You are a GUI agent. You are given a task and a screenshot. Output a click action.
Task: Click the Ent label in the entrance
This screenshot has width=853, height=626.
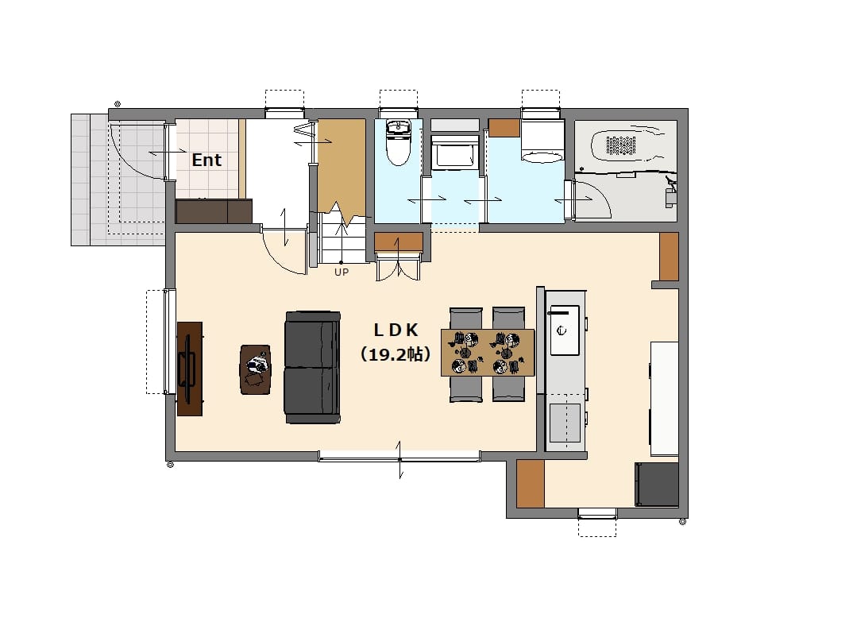206,160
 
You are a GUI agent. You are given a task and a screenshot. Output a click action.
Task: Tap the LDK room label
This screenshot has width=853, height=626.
396,330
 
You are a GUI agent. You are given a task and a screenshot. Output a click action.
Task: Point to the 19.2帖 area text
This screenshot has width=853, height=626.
396,355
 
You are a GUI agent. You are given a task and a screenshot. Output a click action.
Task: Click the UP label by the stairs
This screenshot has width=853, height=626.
341,272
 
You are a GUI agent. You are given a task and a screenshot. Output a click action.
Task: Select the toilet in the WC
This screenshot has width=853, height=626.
398,142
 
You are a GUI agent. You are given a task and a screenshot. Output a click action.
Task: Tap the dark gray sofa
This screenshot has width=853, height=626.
312,368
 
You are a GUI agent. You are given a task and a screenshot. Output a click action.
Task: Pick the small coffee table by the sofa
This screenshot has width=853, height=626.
255,369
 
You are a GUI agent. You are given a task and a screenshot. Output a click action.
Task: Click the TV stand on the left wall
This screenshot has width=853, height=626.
190,369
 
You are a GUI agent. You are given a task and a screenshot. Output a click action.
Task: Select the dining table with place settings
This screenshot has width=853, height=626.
488,353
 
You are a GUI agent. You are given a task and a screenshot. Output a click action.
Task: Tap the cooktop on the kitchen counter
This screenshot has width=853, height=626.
565,423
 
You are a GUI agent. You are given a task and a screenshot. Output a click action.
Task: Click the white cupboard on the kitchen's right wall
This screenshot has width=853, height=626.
664,399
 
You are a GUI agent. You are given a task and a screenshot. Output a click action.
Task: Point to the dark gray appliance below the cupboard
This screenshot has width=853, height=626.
657,485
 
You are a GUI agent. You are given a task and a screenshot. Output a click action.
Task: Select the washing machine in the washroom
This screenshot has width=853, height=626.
542,141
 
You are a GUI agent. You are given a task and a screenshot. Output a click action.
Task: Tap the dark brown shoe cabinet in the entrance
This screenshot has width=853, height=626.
214,211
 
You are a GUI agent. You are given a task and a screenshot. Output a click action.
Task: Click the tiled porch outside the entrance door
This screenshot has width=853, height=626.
118,180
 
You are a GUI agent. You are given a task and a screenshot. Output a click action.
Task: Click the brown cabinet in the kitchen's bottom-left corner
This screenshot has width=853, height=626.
531,484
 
